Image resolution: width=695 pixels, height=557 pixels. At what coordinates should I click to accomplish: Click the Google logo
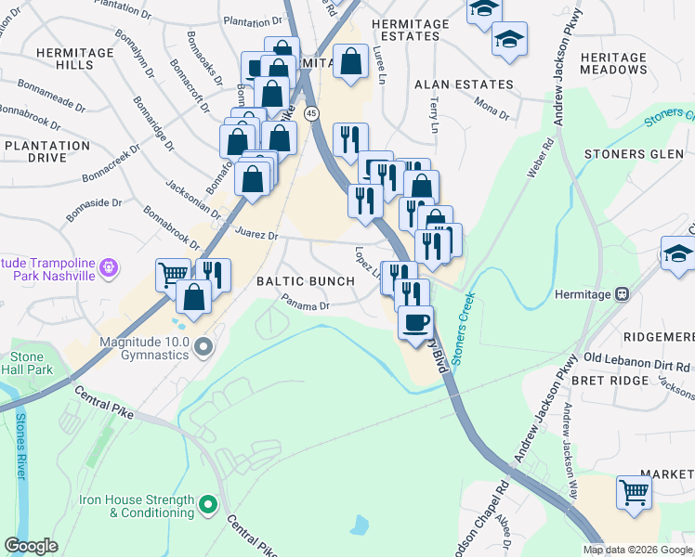pos(31,546)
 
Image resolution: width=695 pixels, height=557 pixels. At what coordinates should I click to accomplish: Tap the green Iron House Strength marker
pos(207,506)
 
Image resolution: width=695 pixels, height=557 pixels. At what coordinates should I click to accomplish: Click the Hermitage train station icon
pos(622,294)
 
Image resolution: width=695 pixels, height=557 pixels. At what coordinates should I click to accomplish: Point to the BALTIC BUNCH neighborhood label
pos(306,281)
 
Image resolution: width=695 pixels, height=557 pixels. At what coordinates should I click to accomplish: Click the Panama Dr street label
pos(307,304)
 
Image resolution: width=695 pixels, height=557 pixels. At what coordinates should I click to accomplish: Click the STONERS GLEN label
pos(633,154)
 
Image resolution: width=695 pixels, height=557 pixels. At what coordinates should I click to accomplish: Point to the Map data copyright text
pos(637,549)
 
